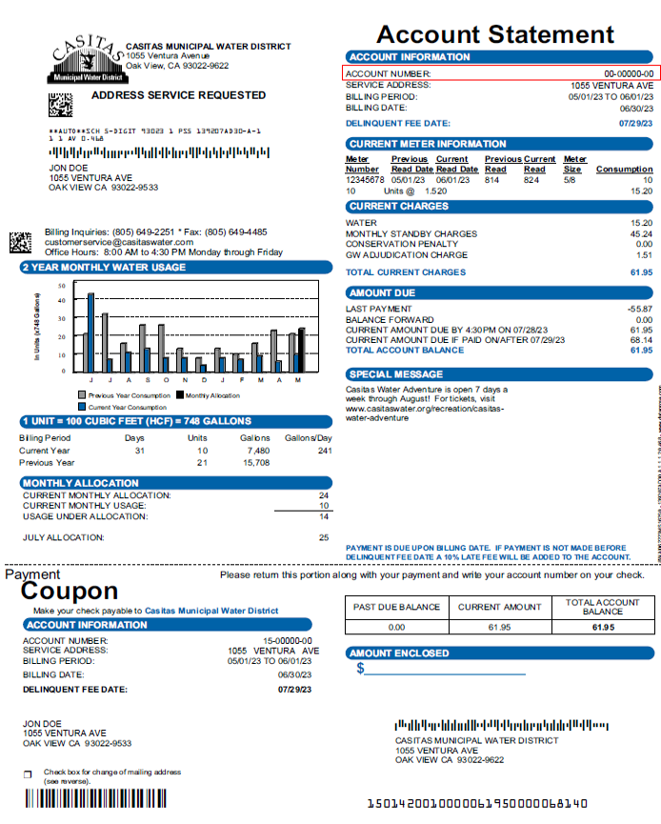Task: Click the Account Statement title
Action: coord(494,35)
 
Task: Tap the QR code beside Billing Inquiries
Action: coord(21,242)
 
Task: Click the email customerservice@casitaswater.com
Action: coord(119,242)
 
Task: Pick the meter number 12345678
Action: coord(365,180)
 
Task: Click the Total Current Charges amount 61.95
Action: coord(640,272)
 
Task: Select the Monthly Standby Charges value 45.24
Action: coord(640,233)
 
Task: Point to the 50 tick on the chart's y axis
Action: coord(61,285)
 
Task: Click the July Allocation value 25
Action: coord(324,538)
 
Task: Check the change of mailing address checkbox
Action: coord(27,774)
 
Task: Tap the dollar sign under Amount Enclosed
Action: coord(360,669)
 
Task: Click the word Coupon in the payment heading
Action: coord(70,592)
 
